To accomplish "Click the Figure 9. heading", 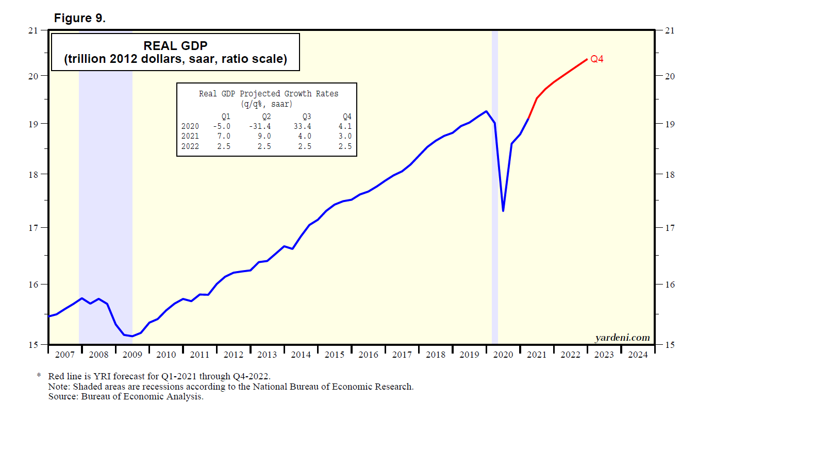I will point(80,18).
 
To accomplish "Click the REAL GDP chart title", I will point(175,46).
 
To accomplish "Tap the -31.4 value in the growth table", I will point(260,126).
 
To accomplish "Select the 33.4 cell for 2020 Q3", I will point(303,126).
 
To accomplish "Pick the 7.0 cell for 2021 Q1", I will point(224,136).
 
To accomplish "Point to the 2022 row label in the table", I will point(190,146).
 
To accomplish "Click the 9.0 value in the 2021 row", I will point(264,136).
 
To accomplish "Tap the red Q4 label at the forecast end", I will point(597,59).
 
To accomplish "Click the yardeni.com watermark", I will point(622,338).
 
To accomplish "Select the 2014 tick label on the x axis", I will point(301,355).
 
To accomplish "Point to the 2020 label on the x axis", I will point(503,355).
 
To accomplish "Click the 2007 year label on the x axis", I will point(65,355).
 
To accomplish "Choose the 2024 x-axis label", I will point(638,355).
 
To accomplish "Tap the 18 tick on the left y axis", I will point(34,175).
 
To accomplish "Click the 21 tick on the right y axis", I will point(670,30).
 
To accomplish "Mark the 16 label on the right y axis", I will point(670,284).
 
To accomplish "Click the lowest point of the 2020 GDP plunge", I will point(503,210).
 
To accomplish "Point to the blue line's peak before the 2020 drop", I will point(486,111).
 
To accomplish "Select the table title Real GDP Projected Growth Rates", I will point(269,94).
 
